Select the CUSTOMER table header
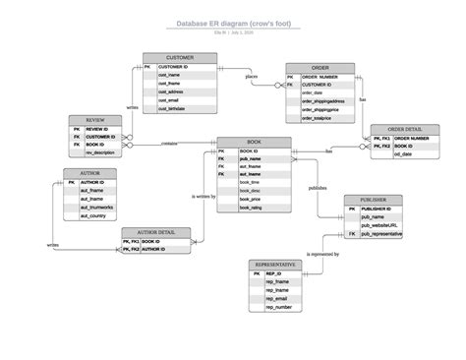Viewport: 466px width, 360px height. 179,58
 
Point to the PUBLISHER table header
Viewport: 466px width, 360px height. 373,200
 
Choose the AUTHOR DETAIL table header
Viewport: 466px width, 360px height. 155,232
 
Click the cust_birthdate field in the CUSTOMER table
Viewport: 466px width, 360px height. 173,109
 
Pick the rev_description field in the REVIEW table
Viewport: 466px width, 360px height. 101,153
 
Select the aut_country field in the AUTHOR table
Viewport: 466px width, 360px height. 96,216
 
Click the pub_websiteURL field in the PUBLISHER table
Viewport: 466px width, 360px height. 379,225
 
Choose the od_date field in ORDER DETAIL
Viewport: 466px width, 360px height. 404,154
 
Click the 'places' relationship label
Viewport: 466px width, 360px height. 252,76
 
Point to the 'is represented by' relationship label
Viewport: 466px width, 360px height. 323,254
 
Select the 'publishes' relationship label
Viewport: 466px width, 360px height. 318,187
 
